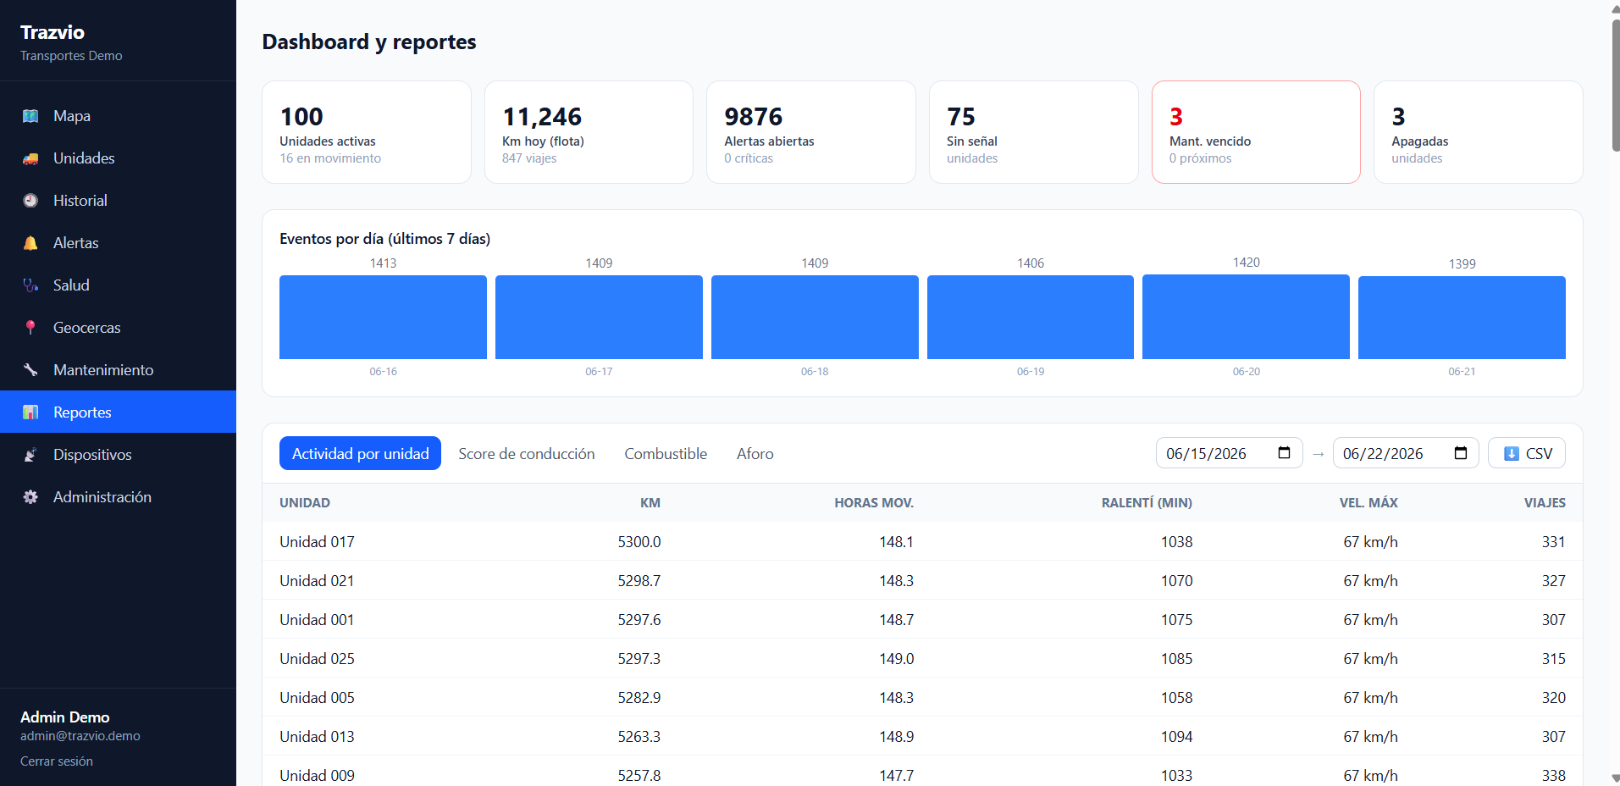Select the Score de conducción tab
[527, 454]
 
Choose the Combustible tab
[666, 454]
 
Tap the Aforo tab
[755, 454]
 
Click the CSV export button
[1527, 453]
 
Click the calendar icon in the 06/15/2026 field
[1284, 452]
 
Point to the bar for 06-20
[1246, 317]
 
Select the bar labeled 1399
[1462, 318]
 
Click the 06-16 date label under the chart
[383, 372]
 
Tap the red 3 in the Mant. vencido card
[1176, 117]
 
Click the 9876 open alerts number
[754, 117]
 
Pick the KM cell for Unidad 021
[639, 581]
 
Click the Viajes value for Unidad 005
[1553, 698]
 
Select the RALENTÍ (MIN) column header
[1147, 503]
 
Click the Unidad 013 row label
[317, 737]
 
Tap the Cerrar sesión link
[57, 761]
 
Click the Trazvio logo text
[53, 32]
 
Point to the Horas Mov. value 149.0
[896, 659]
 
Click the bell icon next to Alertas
[30, 243]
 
